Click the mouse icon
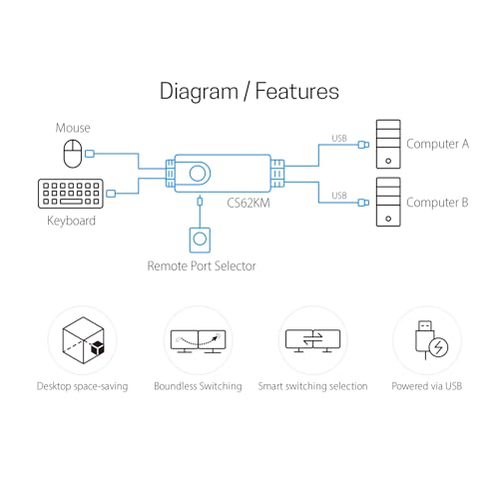73,154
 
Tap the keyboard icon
71,194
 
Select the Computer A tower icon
388,145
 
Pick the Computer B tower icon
388,202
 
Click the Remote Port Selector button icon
200,240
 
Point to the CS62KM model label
249,203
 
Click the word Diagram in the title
199,92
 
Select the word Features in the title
297,91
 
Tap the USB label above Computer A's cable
339,138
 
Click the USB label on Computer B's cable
339,196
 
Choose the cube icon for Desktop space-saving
84,340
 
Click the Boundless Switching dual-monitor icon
198,341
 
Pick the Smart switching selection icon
312,340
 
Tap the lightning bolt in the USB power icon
438,347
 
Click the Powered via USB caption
427,386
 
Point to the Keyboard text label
71,221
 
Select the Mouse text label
73,128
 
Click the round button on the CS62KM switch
198,174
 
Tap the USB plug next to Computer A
363,145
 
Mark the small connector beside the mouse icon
90,154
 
